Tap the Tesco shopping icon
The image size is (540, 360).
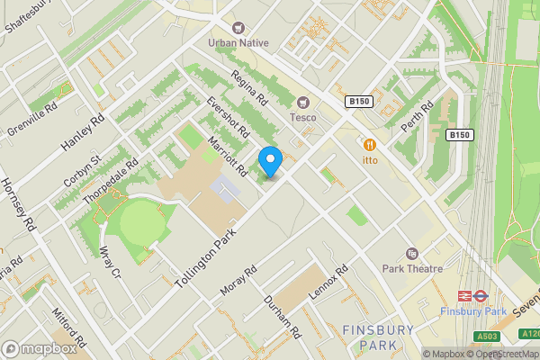pos(302,102)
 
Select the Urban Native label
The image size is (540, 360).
pos(238,41)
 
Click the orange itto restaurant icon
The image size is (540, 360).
pos(369,145)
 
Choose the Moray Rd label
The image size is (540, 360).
pos(238,282)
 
